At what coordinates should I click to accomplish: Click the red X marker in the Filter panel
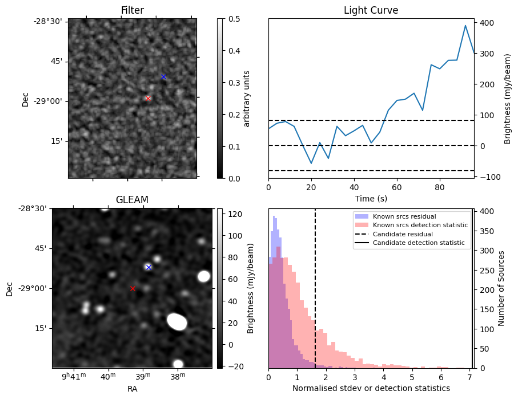[148, 98]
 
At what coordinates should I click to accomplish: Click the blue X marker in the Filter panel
[163, 76]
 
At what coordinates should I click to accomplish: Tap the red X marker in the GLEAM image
[132, 288]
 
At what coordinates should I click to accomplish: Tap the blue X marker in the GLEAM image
[148, 267]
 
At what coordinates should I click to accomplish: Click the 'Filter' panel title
[132, 10]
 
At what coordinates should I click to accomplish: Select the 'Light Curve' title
[371, 10]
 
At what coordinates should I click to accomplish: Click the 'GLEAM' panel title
[132, 200]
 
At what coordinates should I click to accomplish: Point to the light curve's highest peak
[465, 26]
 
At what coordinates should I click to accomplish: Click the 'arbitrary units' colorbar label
[247, 98]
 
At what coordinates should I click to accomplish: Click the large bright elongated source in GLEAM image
[177, 321]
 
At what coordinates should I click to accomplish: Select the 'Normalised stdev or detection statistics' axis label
[371, 388]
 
